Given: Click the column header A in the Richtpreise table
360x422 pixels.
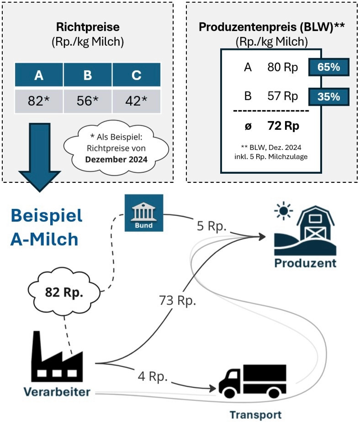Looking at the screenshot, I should coord(39,76).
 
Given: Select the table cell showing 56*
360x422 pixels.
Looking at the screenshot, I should coord(88,101).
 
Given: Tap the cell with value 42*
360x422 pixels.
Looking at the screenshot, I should coord(136,101).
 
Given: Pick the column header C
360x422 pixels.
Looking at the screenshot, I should coord(136,76).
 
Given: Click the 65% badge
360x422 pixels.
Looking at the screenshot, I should coord(329,67).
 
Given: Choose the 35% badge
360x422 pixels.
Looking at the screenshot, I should coord(329,96).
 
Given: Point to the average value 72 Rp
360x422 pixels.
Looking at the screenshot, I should coord(283,126).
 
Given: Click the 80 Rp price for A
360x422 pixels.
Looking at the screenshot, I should coord(283,68).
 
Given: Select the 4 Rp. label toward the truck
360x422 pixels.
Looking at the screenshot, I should coord(153,378).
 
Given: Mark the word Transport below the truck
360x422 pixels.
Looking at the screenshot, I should coord(255,415).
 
